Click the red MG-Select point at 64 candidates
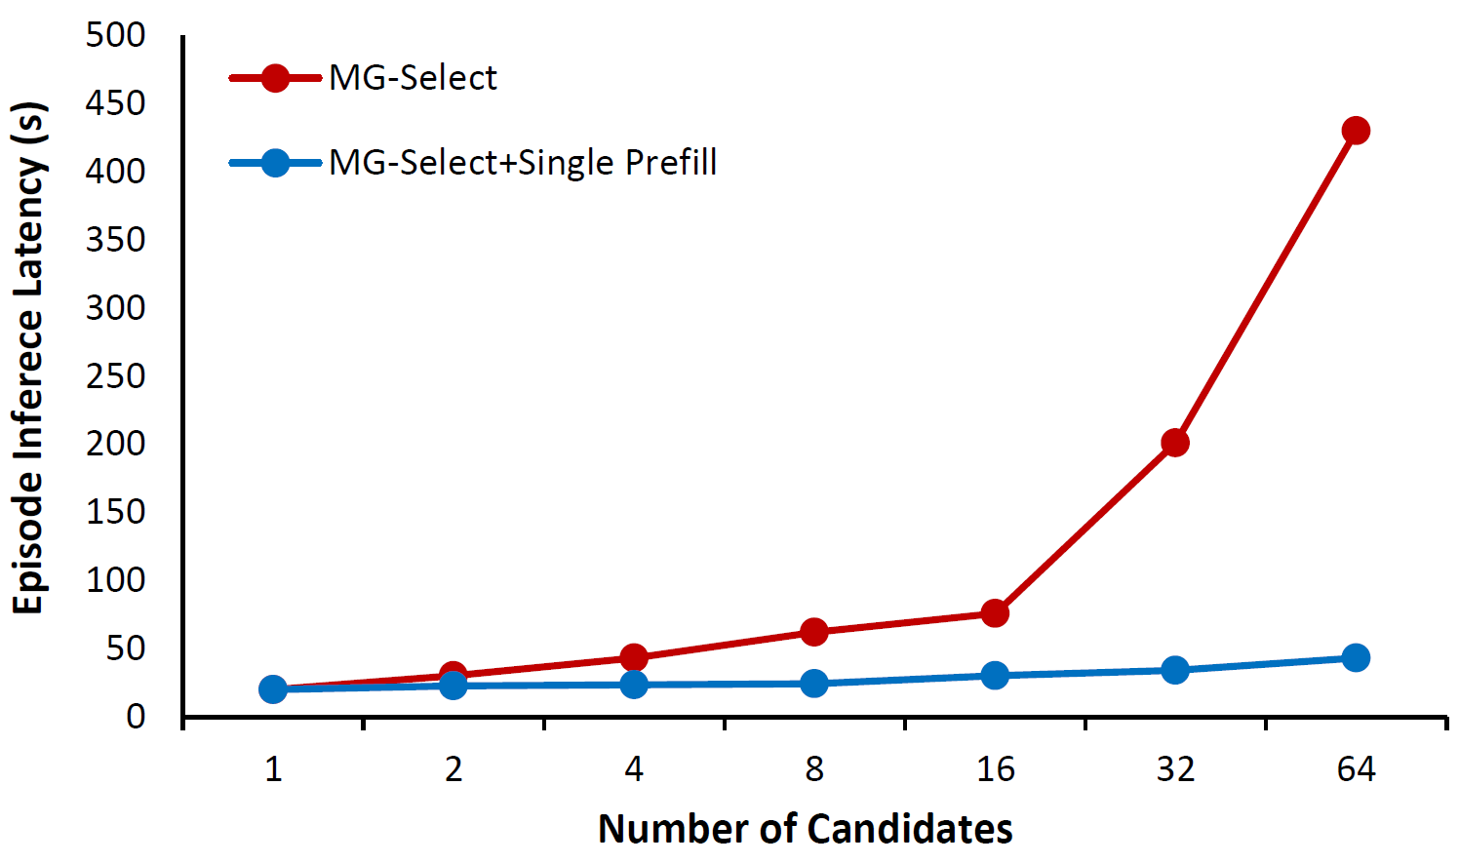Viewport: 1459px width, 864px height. [1356, 131]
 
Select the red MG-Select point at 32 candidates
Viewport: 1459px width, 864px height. [1175, 443]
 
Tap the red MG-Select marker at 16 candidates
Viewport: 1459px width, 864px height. [995, 613]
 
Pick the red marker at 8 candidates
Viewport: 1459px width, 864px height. [814, 632]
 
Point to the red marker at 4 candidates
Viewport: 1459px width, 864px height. [634, 657]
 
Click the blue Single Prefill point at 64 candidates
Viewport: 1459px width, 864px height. [1356, 657]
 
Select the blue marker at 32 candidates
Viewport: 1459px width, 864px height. [1175, 670]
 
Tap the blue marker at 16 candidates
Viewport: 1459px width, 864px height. [995, 675]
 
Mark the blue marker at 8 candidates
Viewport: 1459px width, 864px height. [814, 684]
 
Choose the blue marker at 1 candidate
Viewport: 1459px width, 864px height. [273, 689]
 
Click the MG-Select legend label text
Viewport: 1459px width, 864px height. [413, 78]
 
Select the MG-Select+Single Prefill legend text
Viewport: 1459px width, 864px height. [523, 162]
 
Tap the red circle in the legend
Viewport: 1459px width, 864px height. [276, 78]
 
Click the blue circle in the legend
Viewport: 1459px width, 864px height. [276, 162]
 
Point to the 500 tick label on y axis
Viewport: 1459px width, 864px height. [115, 35]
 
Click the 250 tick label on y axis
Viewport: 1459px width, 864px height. [115, 375]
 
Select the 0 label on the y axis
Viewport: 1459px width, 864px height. [135, 717]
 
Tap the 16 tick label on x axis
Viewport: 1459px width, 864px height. [995, 769]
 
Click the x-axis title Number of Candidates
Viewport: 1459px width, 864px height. [805, 829]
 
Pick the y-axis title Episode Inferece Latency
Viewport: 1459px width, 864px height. [29, 358]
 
